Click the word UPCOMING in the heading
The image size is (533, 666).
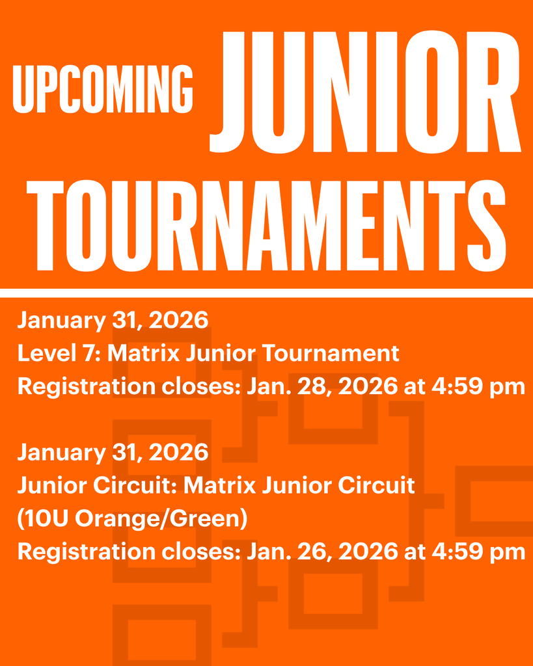pos(103,88)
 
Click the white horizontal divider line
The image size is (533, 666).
pos(266,293)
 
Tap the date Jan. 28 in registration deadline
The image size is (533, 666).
pos(282,386)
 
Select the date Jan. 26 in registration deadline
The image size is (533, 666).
pos(282,552)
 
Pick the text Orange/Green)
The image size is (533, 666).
pos(161,519)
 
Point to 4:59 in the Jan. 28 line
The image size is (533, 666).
pos(454,386)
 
